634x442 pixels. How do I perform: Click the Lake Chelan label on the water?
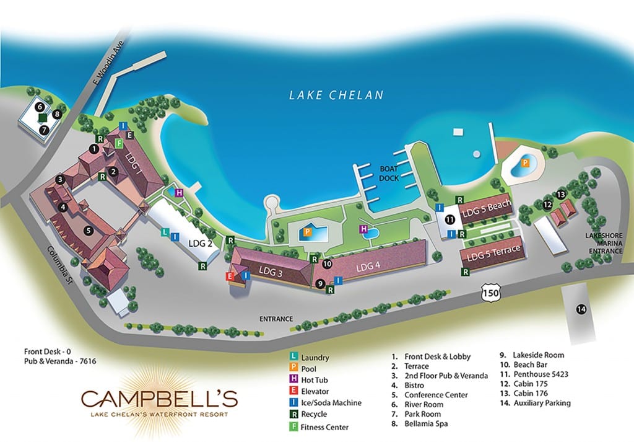[x=336, y=95]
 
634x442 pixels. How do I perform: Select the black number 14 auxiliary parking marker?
[x=581, y=309]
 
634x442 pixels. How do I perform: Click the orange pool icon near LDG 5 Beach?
[x=525, y=163]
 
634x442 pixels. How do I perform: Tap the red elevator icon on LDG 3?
[x=230, y=276]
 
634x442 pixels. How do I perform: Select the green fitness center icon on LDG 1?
[x=118, y=143]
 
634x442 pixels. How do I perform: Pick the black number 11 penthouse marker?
[x=450, y=219]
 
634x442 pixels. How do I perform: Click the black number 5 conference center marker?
[x=89, y=231]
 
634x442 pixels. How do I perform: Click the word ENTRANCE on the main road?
[x=276, y=319]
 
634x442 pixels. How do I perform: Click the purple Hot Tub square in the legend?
[x=293, y=380]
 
